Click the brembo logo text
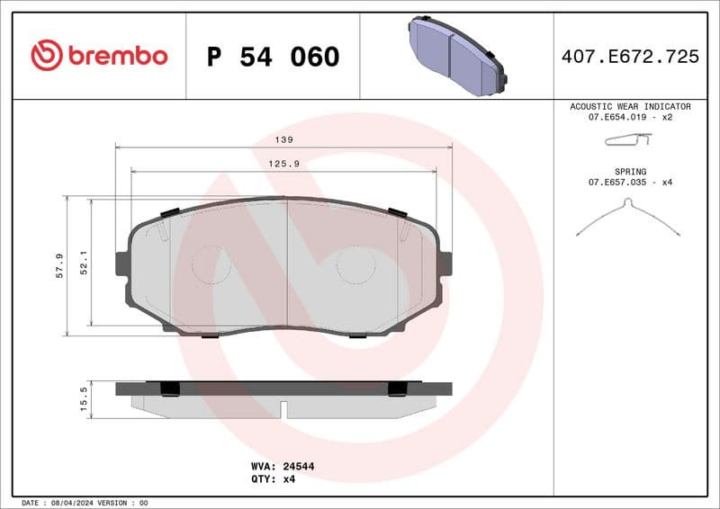(117, 56)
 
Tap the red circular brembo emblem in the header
(47, 56)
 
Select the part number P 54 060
(273, 57)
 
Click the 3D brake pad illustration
(457, 55)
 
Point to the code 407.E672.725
(630, 57)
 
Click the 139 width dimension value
(284, 140)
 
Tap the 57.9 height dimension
(59, 265)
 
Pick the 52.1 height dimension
(84, 263)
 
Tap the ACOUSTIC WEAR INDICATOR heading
(630, 106)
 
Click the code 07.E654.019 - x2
(630, 118)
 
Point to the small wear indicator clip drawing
(627, 140)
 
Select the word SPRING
(630, 171)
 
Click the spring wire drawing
(627, 219)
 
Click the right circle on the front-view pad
(355, 264)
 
